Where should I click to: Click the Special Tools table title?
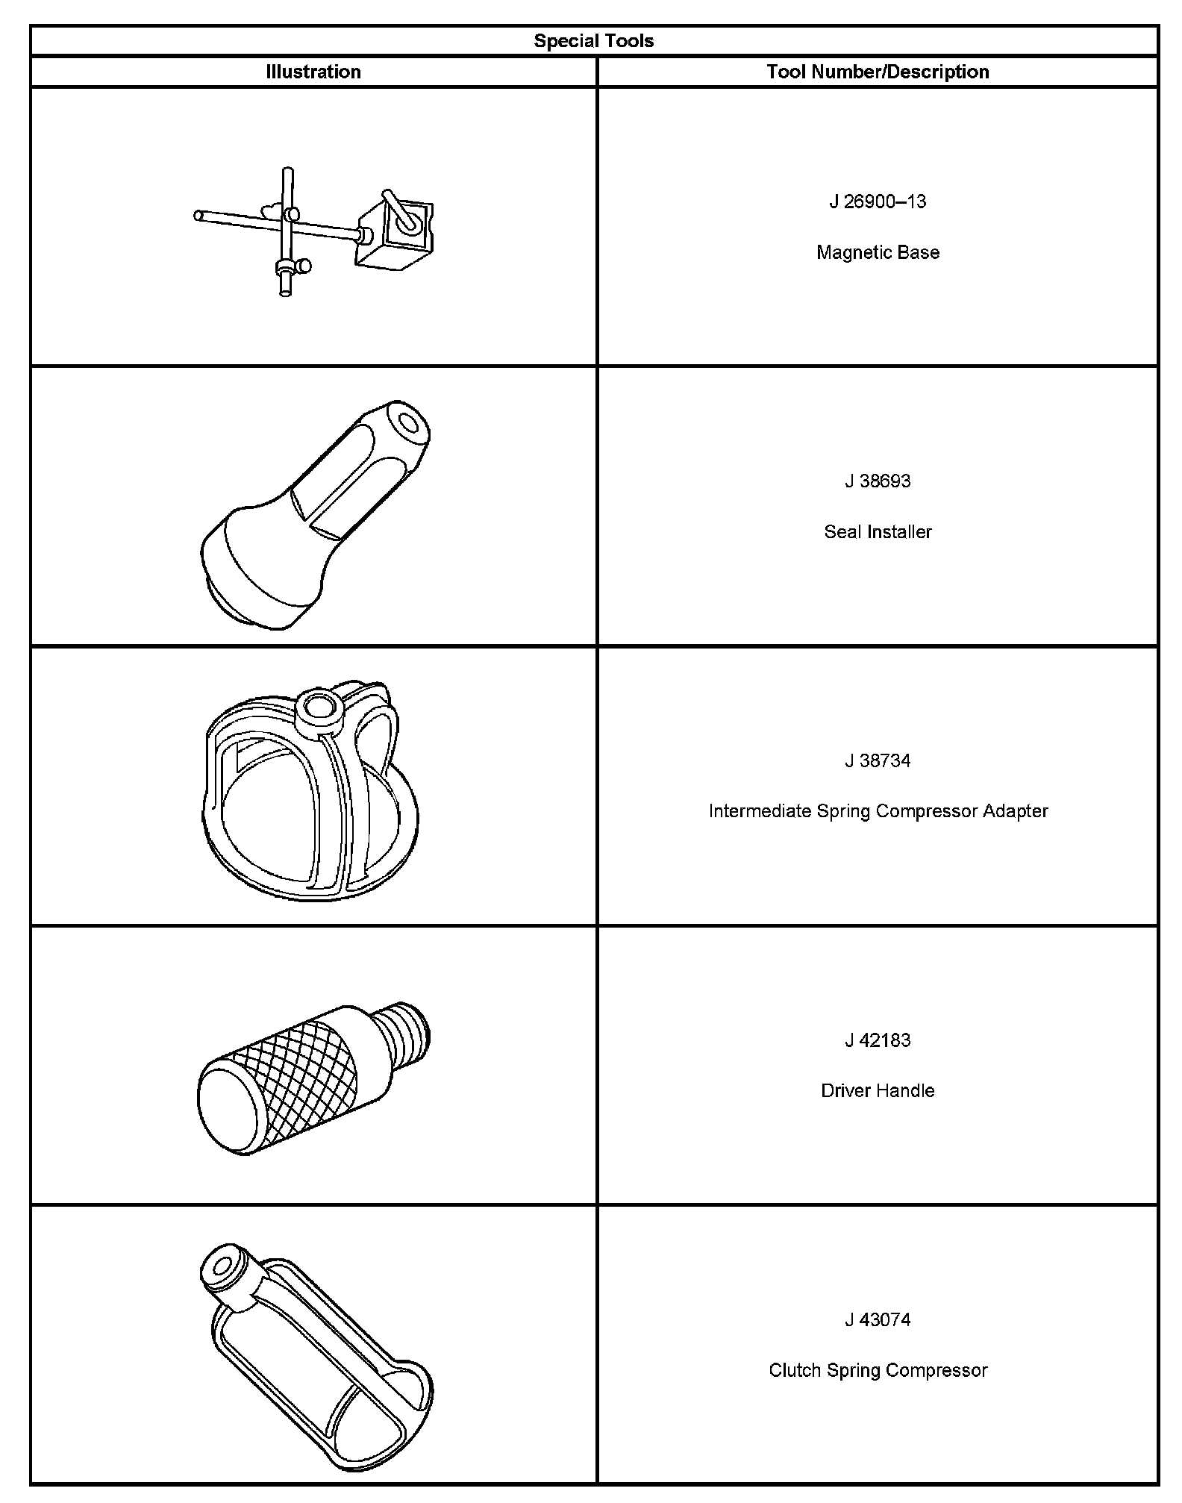[x=593, y=41]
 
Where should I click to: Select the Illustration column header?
[x=313, y=72]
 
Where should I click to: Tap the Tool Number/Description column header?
[x=878, y=72]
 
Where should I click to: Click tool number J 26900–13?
[x=878, y=201]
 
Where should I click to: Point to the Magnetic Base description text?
[x=878, y=252]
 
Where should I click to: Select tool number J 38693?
[x=878, y=481]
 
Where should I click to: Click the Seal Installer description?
[x=878, y=531]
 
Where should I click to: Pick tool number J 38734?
[x=878, y=760]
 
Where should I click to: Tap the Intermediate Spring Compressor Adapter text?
[x=878, y=810]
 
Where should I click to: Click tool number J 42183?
[x=878, y=1040]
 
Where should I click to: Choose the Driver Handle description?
[x=878, y=1090]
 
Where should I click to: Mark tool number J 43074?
[x=878, y=1319]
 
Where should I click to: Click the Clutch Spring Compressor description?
[x=878, y=1370]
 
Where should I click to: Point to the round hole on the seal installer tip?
[x=408, y=425]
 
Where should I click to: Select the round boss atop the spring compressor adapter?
[x=319, y=707]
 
